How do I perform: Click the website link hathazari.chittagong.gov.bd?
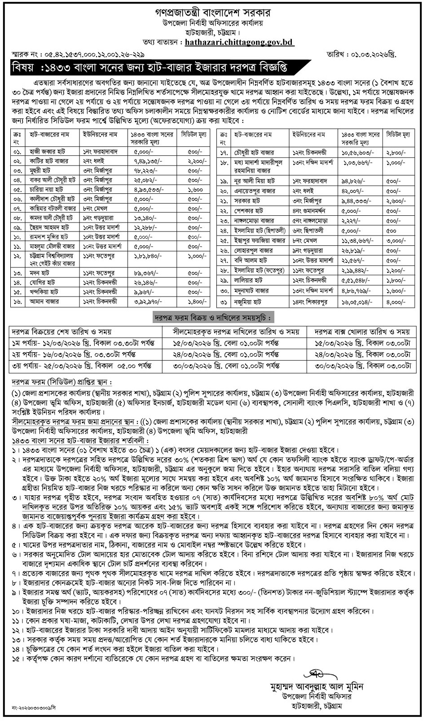coord(239,43)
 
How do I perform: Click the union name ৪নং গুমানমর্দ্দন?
coord(309,210)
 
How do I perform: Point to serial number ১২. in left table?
coord(18,256)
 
